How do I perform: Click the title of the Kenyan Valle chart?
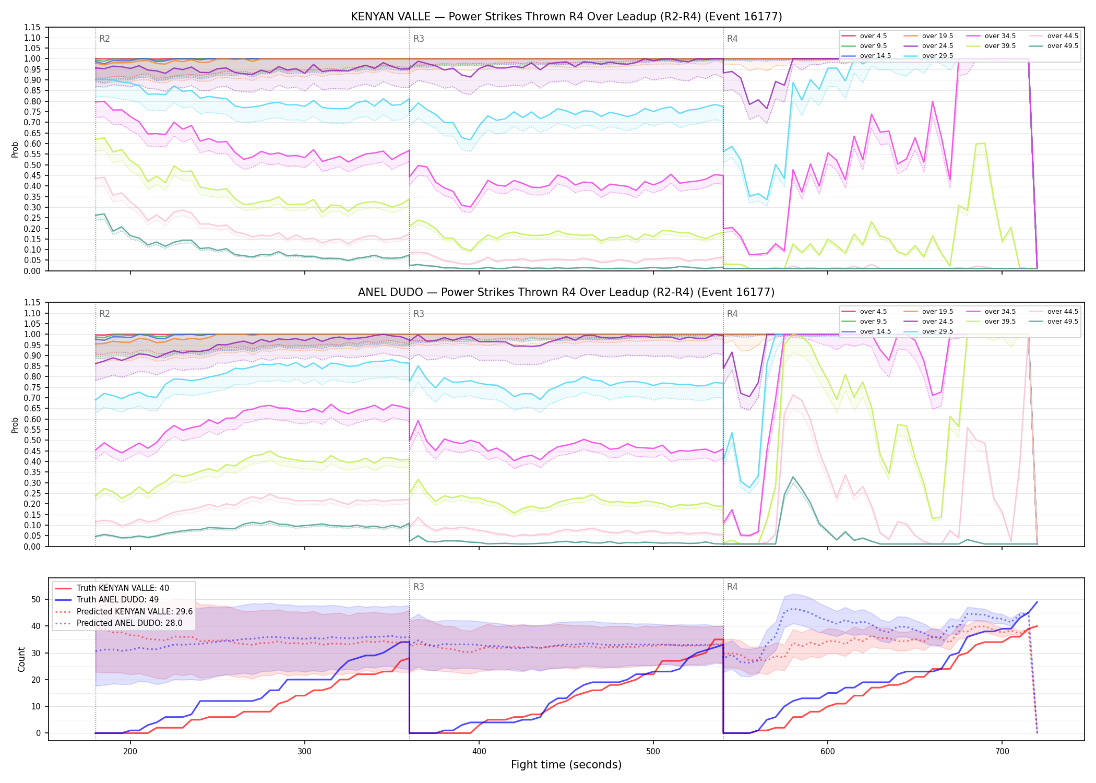pos(566,17)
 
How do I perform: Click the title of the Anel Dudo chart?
pos(566,292)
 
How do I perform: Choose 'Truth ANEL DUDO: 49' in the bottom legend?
pos(117,600)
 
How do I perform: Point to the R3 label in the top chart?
pos(419,39)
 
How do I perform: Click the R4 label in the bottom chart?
pos(732,587)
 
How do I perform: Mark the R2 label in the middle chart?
pos(104,314)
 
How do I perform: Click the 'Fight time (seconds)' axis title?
pos(566,765)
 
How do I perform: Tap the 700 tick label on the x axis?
pos(1002,752)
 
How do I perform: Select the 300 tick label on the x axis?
pos(304,752)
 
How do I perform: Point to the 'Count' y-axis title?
pos(21,659)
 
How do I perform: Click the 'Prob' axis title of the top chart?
pos(15,149)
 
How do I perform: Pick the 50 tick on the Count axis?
pos(36,599)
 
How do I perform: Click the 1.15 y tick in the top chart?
pos(32,27)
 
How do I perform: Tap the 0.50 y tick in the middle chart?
pos(32,440)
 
